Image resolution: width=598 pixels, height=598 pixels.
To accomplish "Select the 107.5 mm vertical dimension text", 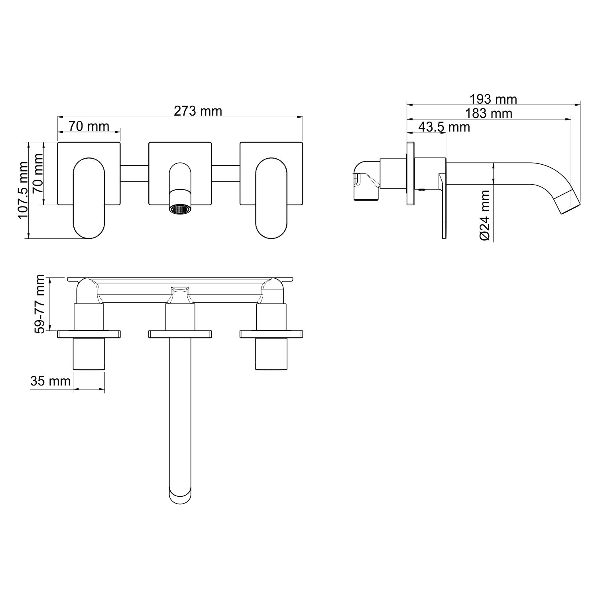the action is [23, 190].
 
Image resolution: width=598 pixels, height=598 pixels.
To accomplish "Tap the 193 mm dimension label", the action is [493, 99].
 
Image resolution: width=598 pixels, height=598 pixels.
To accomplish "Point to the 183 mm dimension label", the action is [489, 113].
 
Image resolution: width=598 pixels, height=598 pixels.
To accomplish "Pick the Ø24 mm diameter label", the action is [484, 215].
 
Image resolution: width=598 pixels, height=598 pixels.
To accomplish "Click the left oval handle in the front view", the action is [89, 198].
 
